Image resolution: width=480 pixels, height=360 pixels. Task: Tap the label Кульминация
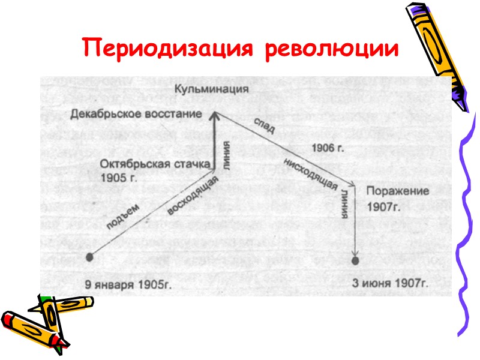tap(212, 90)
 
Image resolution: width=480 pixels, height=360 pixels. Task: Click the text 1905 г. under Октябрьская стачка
tap(119, 178)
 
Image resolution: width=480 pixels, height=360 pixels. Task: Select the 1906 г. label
tap(327, 146)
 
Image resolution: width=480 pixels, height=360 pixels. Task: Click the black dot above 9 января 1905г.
tap(90, 257)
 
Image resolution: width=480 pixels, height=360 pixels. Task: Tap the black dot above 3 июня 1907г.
tap(356, 261)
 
